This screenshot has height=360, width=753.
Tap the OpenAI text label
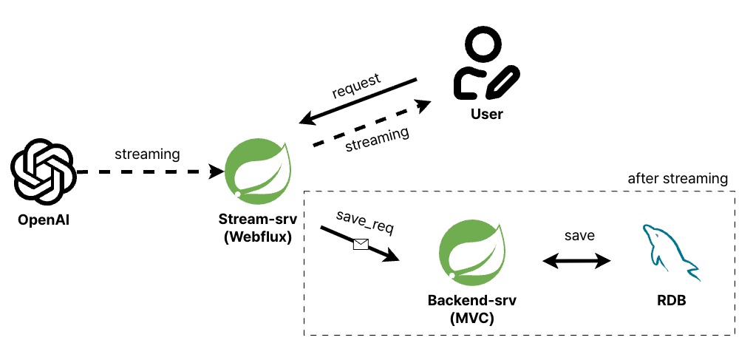pos(43,220)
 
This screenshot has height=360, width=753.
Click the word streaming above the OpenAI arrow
pos(147,154)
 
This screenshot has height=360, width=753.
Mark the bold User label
pos(486,115)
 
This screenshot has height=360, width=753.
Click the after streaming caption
pos(678,179)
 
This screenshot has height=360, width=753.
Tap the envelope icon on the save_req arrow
pos(361,243)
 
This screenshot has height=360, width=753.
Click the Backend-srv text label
pos(471,302)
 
